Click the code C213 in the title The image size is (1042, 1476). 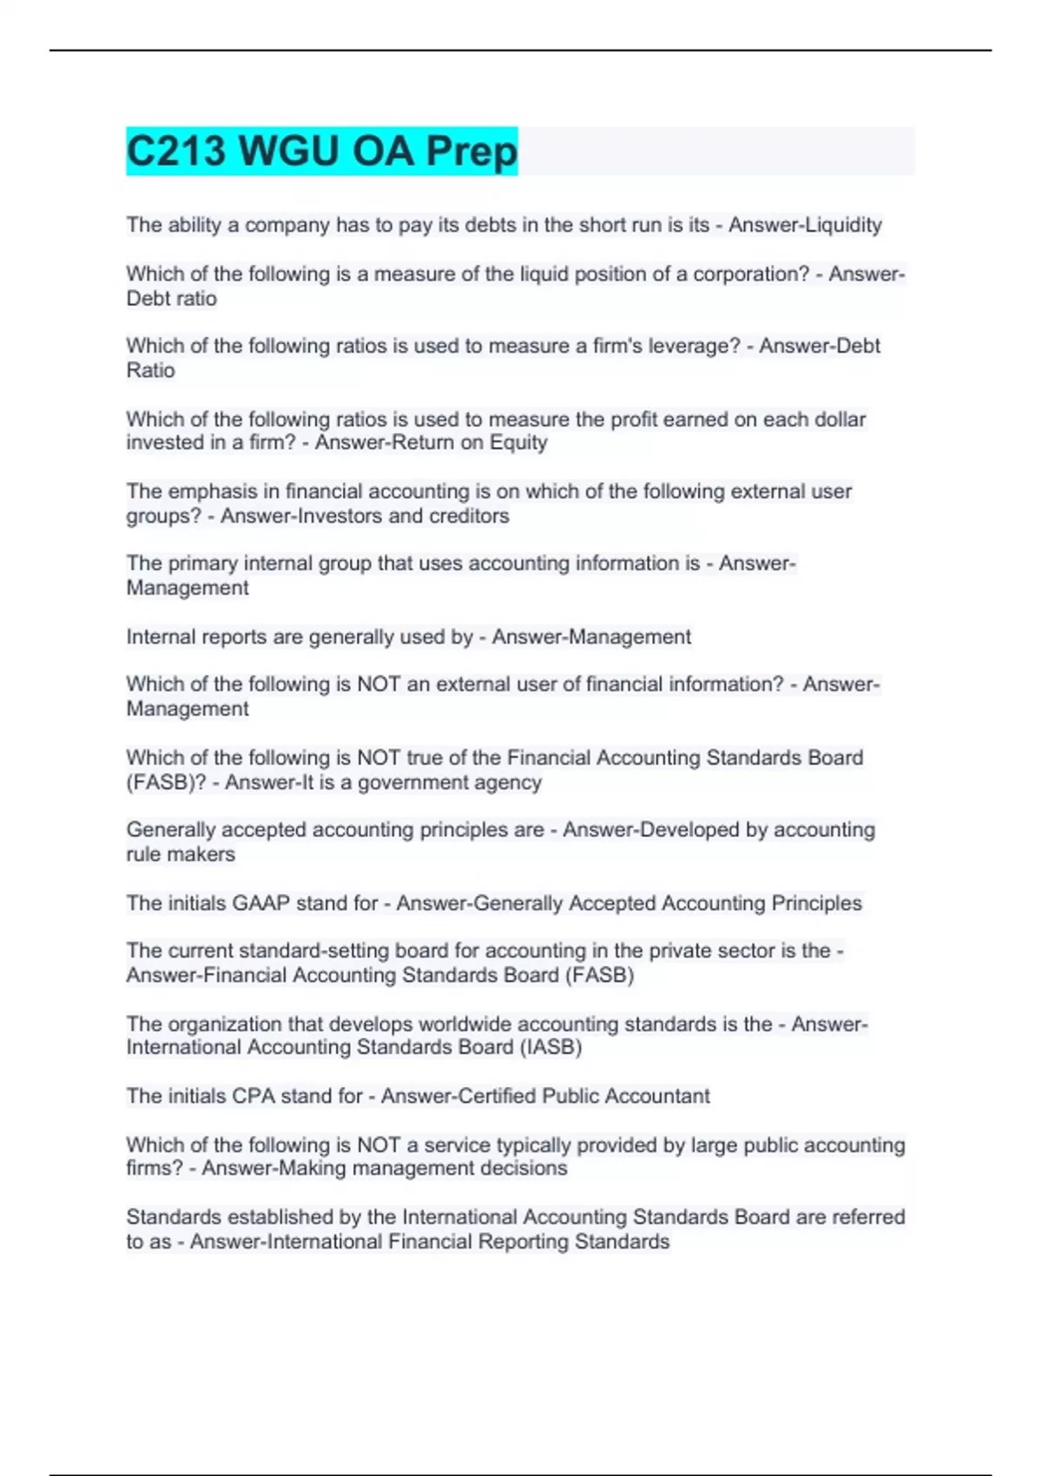click(x=177, y=151)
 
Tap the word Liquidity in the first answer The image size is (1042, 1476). click(x=843, y=225)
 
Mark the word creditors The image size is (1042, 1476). click(x=468, y=516)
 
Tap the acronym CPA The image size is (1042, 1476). click(x=253, y=1096)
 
